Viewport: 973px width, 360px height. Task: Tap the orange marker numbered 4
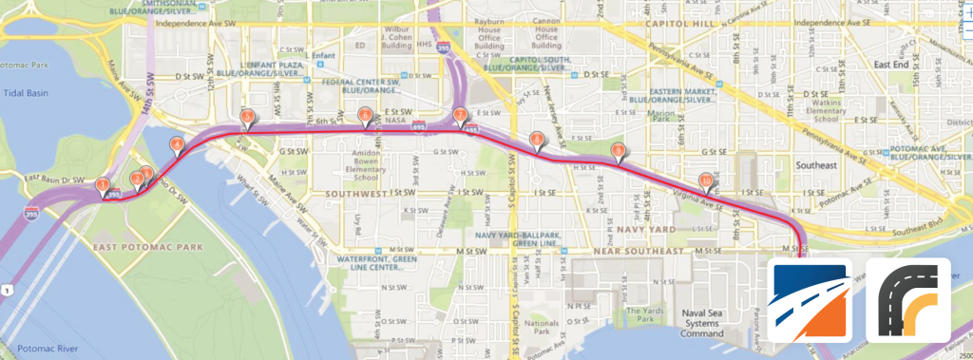(176, 144)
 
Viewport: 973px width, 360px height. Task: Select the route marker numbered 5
(246, 117)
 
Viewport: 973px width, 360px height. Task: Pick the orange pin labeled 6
(365, 116)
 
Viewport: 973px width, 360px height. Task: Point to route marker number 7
(461, 117)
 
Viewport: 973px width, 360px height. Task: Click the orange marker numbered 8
(537, 142)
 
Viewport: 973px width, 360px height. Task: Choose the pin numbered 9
(619, 150)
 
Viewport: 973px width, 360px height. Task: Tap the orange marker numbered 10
(705, 180)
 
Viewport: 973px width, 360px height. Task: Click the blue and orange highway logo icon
(810, 300)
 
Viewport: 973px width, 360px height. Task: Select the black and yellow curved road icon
(907, 300)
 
